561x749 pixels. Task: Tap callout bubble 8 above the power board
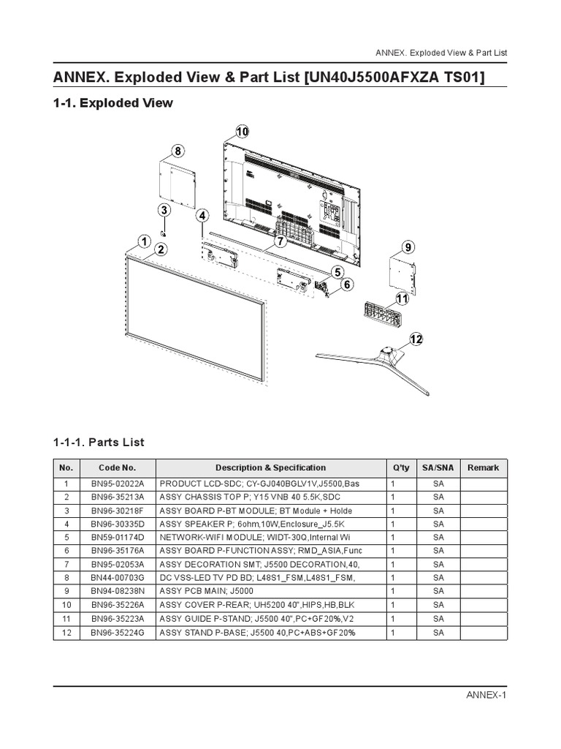coord(178,151)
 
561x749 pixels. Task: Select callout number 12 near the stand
coord(416,339)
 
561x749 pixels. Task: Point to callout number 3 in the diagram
coord(164,210)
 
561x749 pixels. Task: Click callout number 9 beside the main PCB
coord(408,246)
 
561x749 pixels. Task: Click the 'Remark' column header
coord(483,467)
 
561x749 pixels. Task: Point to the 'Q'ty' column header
coord(401,467)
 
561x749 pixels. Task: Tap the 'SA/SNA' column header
coord(438,467)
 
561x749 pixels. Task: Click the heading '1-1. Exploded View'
coord(113,103)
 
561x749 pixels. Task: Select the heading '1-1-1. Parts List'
coord(99,442)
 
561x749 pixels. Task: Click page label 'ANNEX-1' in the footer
coord(486,694)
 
